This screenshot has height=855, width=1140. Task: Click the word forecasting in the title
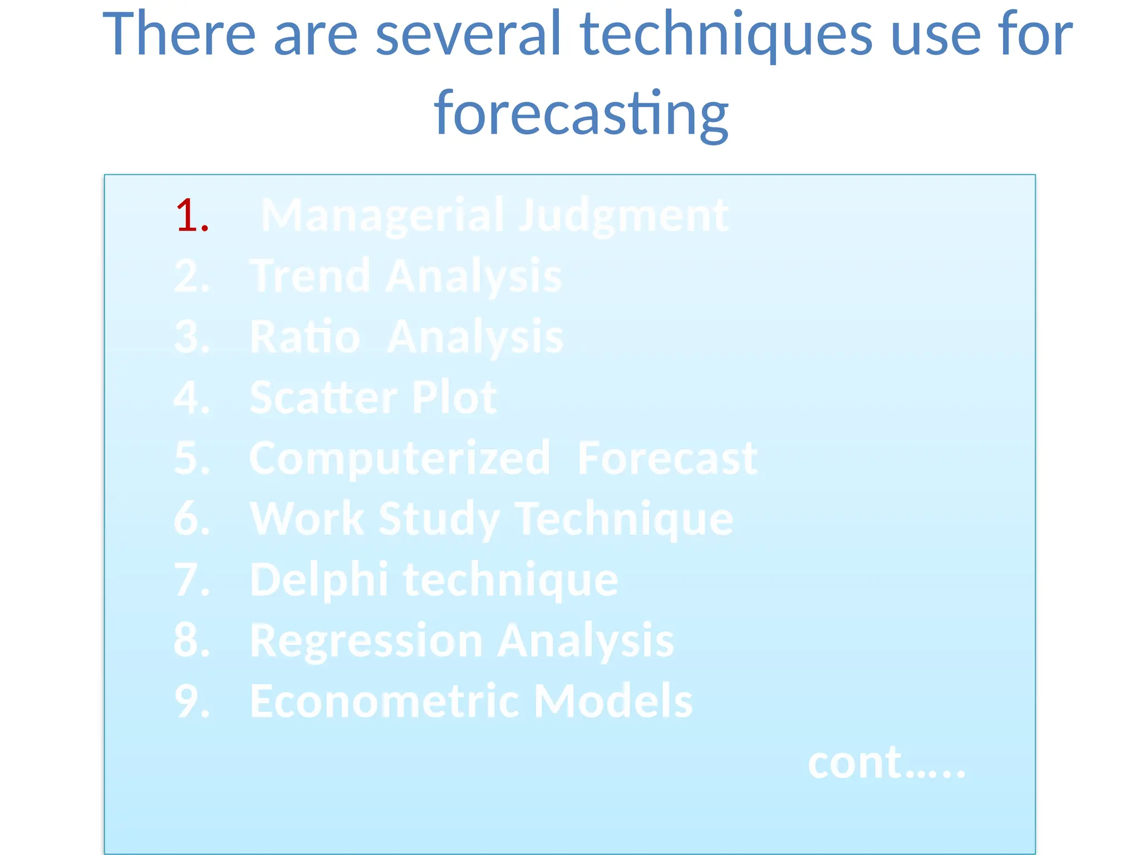(x=581, y=114)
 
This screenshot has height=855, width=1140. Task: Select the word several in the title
(x=468, y=35)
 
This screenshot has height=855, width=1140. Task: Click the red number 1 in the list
(x=192, y=216)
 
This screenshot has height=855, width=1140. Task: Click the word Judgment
(x=623, y=216)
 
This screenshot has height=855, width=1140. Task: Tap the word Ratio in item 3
(x=305, y=337)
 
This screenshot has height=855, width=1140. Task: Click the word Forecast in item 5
(x=667, y=458)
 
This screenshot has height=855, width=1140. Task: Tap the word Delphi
(x=318, y=579)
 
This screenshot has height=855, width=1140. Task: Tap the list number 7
(x=191, y=579)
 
